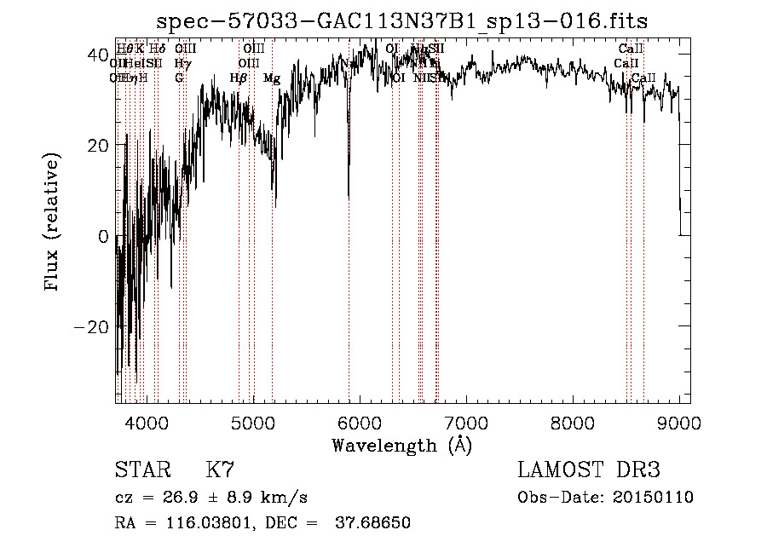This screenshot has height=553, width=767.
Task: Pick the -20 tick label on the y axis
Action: click(x=92, y=327)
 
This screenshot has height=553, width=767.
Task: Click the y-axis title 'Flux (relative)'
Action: click(x=53, y=223)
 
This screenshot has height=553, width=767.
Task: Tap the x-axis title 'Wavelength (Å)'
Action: click(x=401, y=445)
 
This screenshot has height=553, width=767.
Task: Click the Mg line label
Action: click(x=272, y=78)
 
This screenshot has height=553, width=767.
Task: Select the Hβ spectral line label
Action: click(x=239, y=78)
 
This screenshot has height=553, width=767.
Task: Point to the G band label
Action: click(x=179, y=78)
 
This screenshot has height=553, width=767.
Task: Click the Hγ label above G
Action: click(x=182, y=63)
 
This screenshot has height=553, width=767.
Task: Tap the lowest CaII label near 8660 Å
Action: click(x=644, y=78)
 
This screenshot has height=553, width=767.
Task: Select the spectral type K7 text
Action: click(x=220, y=470)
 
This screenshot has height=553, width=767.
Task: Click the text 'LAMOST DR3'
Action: click(x=589, y=470)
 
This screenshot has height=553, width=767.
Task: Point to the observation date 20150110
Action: click(x=655, y=498)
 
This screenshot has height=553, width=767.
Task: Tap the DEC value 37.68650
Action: click(x=375, y=523)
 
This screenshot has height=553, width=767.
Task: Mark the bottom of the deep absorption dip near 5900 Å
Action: click(x=349, y=197)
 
